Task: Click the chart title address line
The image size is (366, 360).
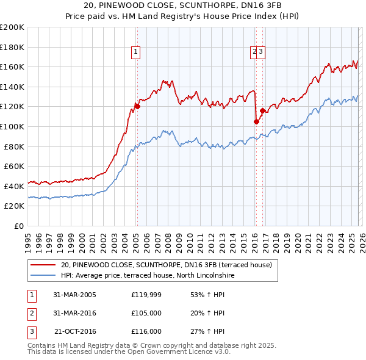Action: [x=182, y=5]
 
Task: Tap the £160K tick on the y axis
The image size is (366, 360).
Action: [x=13, y=67]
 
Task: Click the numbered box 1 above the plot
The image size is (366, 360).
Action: [x=135, y=52]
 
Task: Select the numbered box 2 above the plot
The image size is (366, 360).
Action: [x=254, y=52]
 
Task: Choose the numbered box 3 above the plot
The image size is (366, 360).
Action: [x=260, y=52]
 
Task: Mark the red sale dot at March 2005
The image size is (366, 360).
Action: [x=137, y=106]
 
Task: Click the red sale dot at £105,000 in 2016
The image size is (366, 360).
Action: [x=256, y=121]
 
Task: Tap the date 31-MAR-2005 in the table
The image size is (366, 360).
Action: [x=74, y=295]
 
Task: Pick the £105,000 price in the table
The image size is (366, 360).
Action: [x=146, y=313]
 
